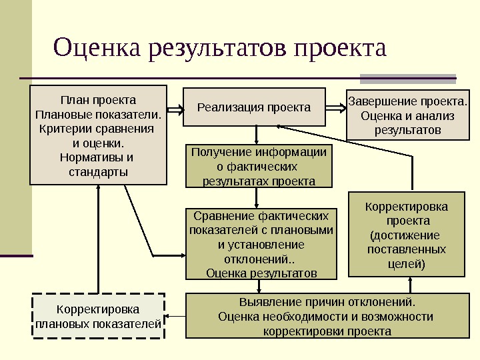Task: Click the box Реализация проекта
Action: [x=254, y=107]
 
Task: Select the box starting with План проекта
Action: [x=98, y=135]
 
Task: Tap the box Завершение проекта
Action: [x=408, y=115]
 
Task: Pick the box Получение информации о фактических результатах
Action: [x=258, y=166]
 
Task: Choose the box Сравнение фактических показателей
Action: [x=261, y=243]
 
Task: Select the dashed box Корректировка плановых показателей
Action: [x=98, y=317]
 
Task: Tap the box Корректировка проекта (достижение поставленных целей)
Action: [x=407, y=234]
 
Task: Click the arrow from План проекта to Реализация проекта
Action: [x=175, y=107]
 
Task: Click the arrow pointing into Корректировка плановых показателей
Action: [x=175, y=317]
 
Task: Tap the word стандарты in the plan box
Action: [x=98, y=172]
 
